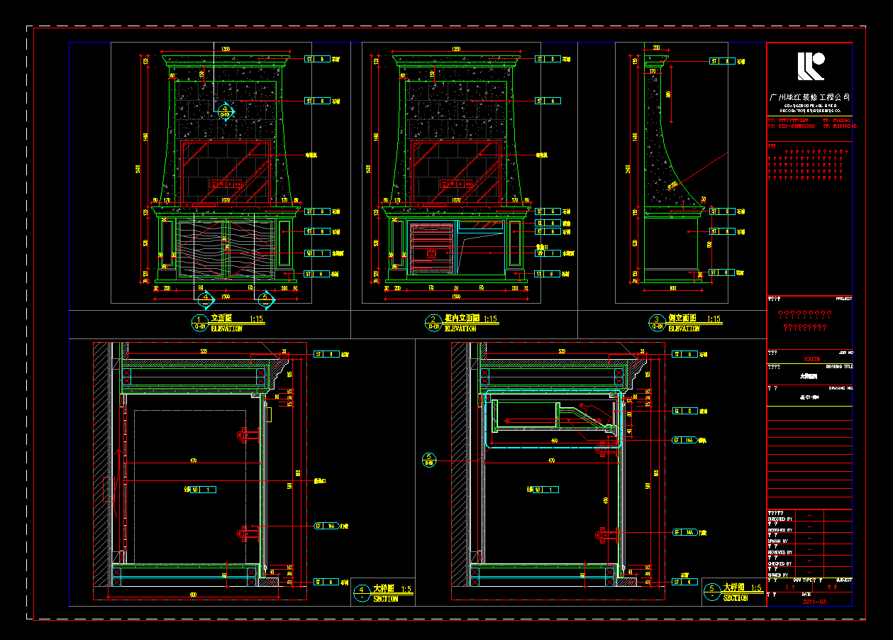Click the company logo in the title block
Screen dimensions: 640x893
(810, 66)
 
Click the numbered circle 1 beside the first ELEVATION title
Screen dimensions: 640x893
(199, 323)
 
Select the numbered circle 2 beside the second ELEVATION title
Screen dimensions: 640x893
(433, 323)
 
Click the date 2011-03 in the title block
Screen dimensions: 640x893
(814, 602)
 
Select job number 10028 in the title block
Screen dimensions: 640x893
(809, 360)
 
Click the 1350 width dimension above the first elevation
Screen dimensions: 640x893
(226, 49)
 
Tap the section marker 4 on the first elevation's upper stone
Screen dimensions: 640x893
(226, 111)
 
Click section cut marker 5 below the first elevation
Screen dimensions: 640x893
(265, 300)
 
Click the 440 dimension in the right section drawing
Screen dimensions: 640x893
(553, 441)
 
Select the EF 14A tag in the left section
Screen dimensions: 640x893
(326, 526)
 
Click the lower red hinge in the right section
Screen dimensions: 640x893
(603, 534)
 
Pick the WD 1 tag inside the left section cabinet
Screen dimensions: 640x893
(204, 490)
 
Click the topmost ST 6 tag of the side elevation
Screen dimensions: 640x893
(719, 62)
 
